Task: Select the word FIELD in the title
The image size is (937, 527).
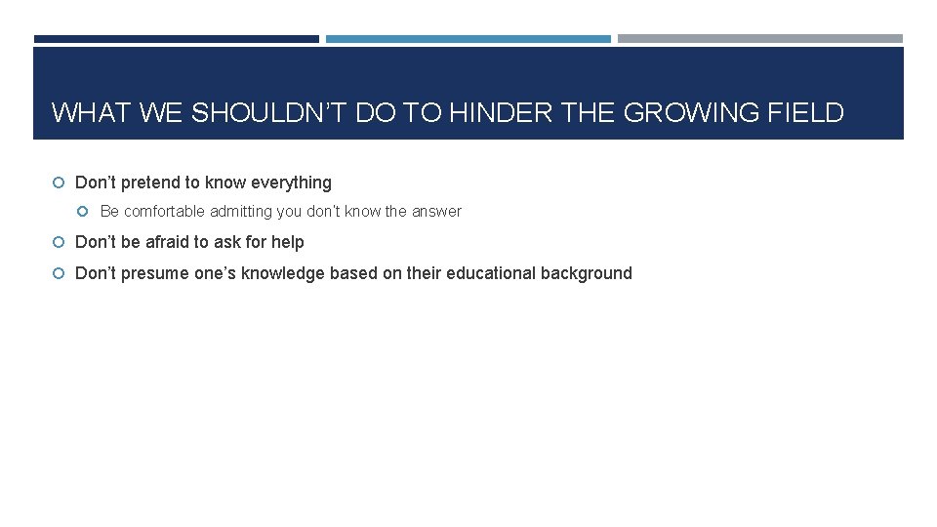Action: click(x=806, y=113)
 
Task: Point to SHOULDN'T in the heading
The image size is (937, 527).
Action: click(x=268, y=113)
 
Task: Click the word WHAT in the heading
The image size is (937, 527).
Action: click(x=93, y=113)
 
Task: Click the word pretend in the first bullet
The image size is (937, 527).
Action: click(x=155, y=182)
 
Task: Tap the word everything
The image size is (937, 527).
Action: click(x=291, y=182)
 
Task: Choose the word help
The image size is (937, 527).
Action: click(x=288, y=242)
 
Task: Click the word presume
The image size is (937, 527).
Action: click(x=155, y=273)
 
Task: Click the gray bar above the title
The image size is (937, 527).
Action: click(x=760, y=39)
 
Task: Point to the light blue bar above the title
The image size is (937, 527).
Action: click(x=468, y=39)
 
